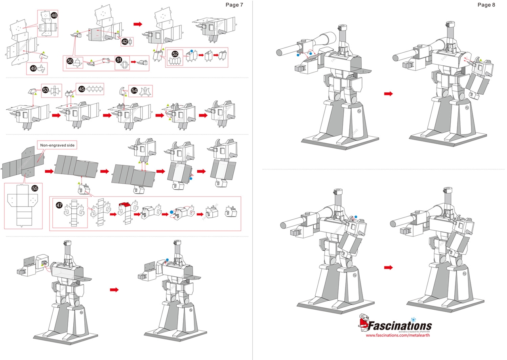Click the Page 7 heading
tap(234, 5)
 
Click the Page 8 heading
tap(486, 5)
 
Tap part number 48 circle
tap(54, 15)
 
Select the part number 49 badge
tap(33, 69)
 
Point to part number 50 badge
tap(70, 61)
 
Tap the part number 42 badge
tap(125, 42)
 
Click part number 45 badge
tap(82, 89)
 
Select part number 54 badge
tap(134, 91)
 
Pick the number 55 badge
tap(35, 189)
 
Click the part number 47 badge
tap(59, 205)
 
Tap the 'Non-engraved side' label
tap(57, 145)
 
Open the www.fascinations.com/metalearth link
tap(397, 335)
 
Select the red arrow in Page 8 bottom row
tap(389, 268)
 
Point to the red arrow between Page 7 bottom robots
tap(114, 290)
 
